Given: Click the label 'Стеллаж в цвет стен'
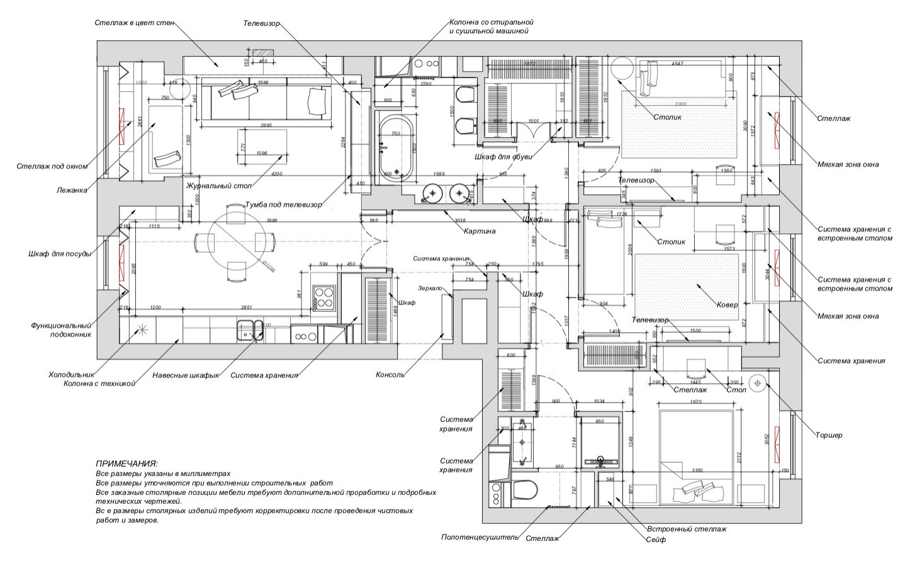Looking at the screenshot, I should click(x=133, y=22).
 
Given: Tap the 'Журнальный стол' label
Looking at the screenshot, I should click(x=218, y=186).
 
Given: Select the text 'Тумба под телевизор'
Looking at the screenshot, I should click(x=283, y=204).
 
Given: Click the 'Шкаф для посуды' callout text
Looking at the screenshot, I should click(x=60, y=254).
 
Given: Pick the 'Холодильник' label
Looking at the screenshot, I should click(x=70, y=375).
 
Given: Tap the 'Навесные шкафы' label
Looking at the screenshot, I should click(x=186, y=376).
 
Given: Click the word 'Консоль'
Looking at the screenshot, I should click(x=390, y=375).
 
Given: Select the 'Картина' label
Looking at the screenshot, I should click(x=480, y=231).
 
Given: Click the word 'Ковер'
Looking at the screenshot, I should click(x=727, y=304).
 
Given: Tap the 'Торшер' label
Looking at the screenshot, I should click(x=828, y=435).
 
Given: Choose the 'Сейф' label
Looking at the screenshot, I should click(x=655, y=540).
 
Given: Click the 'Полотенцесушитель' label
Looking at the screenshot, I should click(x=480, y=538).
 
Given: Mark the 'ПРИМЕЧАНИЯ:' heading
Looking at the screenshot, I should click(x=126, y=463).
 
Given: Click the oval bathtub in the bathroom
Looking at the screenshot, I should click(x=396, y=147).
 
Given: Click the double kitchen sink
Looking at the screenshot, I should click(x=250, y=331).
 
